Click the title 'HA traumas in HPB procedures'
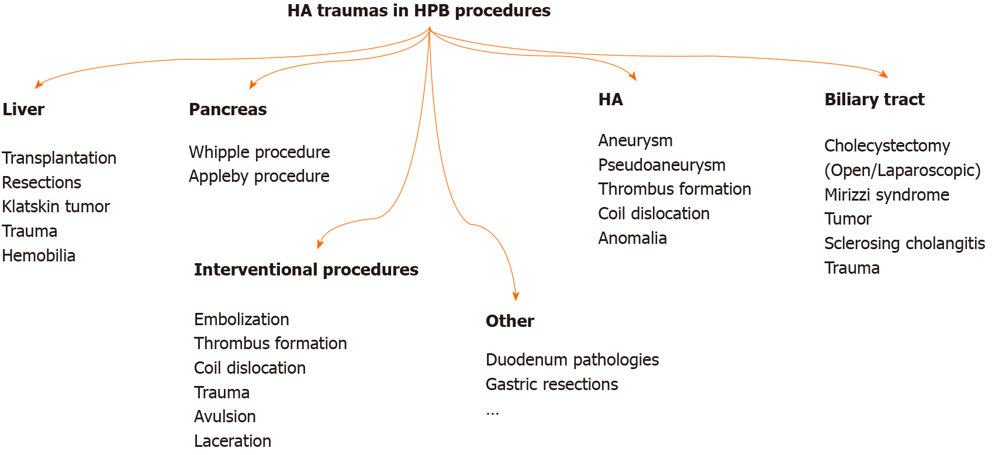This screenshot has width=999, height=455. click(x=419, y=11)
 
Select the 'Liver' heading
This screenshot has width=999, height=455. click(x=23, y=109)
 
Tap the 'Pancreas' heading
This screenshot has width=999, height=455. click(x=228, y=109)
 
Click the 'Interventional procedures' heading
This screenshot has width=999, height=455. click(x=306, y=270)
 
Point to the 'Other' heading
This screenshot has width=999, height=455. click(x=510, y=321)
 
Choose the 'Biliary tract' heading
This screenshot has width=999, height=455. click(x=874, y=99)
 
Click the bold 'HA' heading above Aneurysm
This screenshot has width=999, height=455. click(x=610, y=99)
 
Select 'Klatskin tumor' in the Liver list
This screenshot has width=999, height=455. click(x=56, y=207)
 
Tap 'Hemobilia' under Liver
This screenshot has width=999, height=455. click(x=39, y=256)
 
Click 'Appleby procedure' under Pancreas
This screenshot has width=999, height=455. click(x=259, y=177)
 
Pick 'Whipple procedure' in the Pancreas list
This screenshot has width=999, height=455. click(x=259, y=153)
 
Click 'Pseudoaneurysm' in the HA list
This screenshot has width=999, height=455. click(x=662, y=166)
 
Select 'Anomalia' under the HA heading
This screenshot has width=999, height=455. click(x=632, y=239)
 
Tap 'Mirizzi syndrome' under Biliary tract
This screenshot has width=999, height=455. click(x=887, y=195)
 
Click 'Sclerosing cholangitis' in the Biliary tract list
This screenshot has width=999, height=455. click(x=904, y=244)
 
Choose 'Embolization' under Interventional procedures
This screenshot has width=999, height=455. click(x=241, y=320)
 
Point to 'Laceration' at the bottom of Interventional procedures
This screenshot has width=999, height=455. click(x=232, y=442)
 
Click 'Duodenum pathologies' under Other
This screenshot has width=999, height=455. click(x=572, y=360)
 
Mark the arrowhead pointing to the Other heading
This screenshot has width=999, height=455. click(x=516, y=297)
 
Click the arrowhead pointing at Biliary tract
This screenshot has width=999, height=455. click(x=883, y=74)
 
